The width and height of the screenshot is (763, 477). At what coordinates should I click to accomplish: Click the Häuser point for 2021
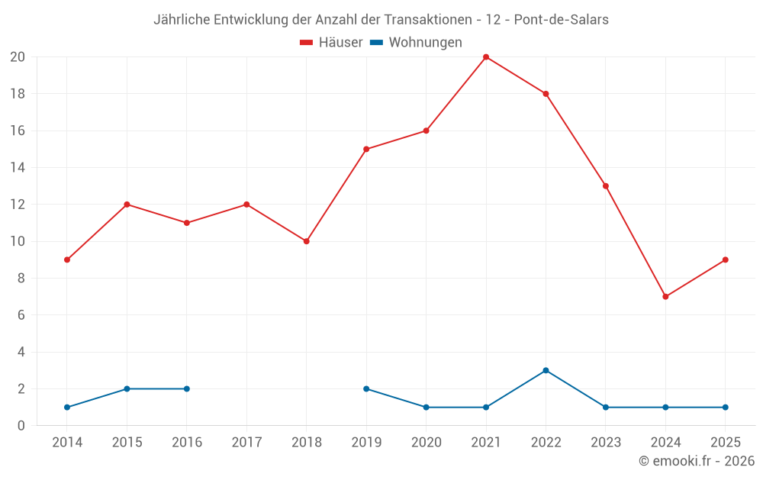[486, 57]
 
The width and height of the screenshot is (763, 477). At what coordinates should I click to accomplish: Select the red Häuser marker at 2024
[665, 297]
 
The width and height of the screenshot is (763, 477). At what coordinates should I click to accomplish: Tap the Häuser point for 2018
[306, 241]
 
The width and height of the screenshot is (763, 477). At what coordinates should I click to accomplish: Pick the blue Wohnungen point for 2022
[546, 370]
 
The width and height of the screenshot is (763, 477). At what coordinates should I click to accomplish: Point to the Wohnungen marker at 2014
[67, 408]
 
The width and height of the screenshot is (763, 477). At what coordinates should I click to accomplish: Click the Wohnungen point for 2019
[366, 389]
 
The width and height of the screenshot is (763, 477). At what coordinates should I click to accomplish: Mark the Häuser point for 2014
[67, 259]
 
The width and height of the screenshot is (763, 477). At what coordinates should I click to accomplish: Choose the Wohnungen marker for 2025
[726, 408]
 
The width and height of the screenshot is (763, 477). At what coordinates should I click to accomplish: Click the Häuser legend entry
[332, 43]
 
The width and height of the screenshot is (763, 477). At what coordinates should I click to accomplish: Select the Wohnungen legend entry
[417, 43]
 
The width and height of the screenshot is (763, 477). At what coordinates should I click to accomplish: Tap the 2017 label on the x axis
[246, 443]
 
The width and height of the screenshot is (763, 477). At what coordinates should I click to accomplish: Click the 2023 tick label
[606, 443]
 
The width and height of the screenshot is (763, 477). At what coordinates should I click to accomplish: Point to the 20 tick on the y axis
[18, 57]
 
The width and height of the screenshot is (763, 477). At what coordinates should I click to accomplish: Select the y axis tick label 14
[18, 168]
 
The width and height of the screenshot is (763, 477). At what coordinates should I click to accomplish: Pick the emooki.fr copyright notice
[697, 461]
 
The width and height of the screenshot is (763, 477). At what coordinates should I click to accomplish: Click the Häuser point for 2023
[606, 186]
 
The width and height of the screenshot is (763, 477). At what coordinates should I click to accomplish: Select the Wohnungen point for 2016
[187, 389]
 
